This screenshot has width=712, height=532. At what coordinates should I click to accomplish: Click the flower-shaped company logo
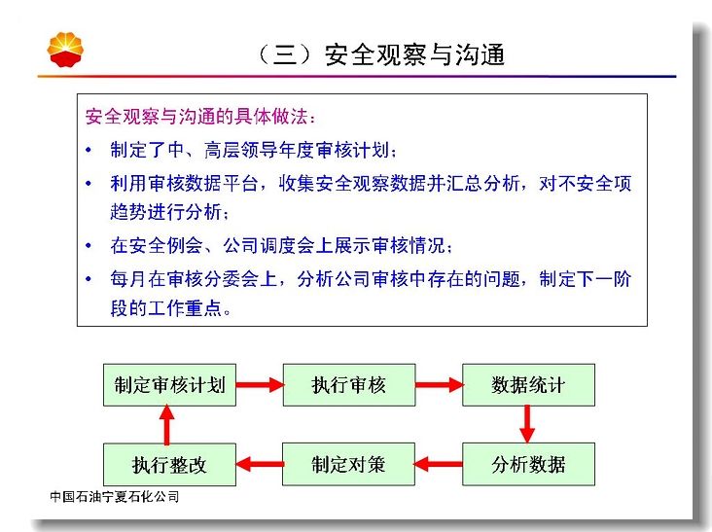point(65,50)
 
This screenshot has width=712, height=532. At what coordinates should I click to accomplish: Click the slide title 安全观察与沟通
point(414,54)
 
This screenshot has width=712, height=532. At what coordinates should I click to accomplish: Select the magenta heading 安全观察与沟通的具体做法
point(197,116)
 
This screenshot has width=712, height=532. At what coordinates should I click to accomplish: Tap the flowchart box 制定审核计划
point(169,385)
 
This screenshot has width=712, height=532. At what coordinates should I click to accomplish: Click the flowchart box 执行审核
point(349,385)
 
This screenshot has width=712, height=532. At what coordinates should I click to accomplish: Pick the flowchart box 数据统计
point(528,385)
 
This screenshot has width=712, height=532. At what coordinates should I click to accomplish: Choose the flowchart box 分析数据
point(528,464)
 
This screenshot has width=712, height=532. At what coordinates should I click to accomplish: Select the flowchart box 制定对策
point(348,464)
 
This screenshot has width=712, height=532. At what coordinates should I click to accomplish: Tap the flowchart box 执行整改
point(169,464)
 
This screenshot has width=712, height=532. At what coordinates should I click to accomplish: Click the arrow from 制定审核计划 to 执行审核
point(260,385)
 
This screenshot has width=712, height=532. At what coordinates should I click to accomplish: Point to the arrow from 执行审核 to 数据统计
point(439,385)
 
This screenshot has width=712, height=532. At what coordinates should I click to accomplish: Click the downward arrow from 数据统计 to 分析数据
point(527,424)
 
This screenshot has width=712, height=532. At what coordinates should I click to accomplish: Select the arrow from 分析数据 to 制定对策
point(438,464)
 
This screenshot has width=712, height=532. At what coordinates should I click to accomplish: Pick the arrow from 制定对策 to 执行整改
point(260,464)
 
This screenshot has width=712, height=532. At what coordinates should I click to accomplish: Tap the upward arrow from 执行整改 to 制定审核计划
point(166,424)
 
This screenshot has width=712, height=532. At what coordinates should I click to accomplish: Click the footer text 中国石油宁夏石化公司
point(115,497)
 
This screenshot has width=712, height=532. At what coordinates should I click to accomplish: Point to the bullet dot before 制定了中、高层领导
point(89,150)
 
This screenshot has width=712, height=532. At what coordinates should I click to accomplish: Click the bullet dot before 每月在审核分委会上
point(89,279)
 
